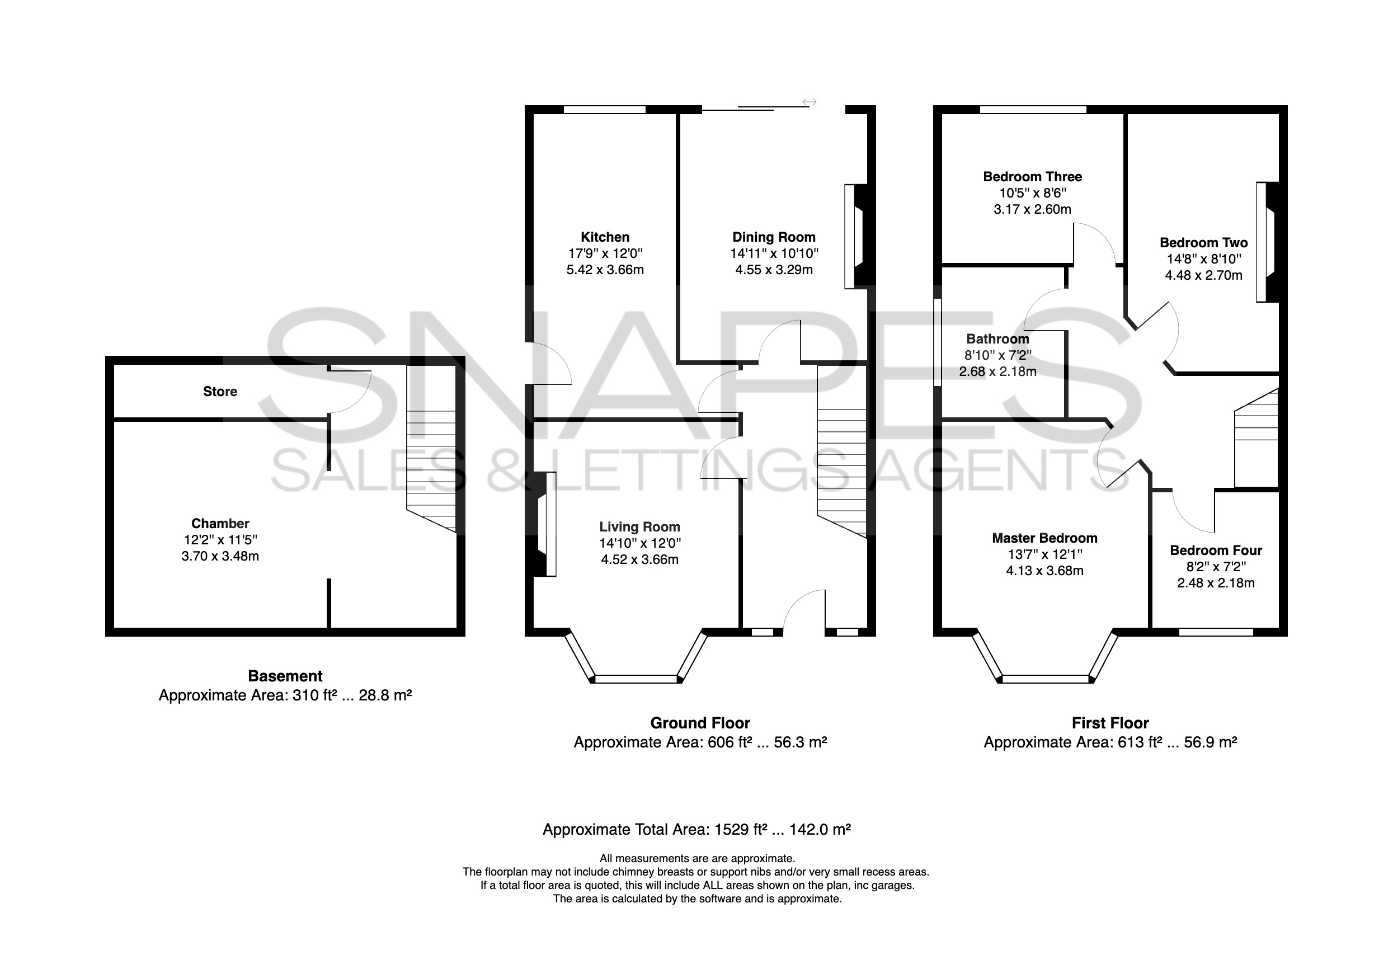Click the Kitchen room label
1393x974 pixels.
(x=605, y=237)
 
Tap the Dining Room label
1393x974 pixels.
(x=774, y=237)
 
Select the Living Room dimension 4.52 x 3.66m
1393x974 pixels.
(x=639, y=559)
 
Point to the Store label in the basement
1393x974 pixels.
(x=220, y=392)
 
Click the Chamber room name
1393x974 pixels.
(x=220, y=523)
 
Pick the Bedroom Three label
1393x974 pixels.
(x=1033, y=177)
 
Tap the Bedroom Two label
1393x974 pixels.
(x=1204, y=243)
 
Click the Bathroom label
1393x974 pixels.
(x=998, y=339)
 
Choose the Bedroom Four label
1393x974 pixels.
(x=1216, y=550)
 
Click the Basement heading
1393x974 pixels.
(x=285, y=676)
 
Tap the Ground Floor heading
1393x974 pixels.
(x=700, y=723)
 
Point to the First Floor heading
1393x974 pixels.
(x=1110, y=723)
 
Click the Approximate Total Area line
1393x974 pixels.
(x=696, y=830)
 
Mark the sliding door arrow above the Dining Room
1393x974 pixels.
(x=809, y=102)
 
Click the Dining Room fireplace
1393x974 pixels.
(x=855, y=236)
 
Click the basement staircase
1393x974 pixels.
(x=431, y=449)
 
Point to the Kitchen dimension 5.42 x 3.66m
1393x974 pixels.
(x=605, y=270)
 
